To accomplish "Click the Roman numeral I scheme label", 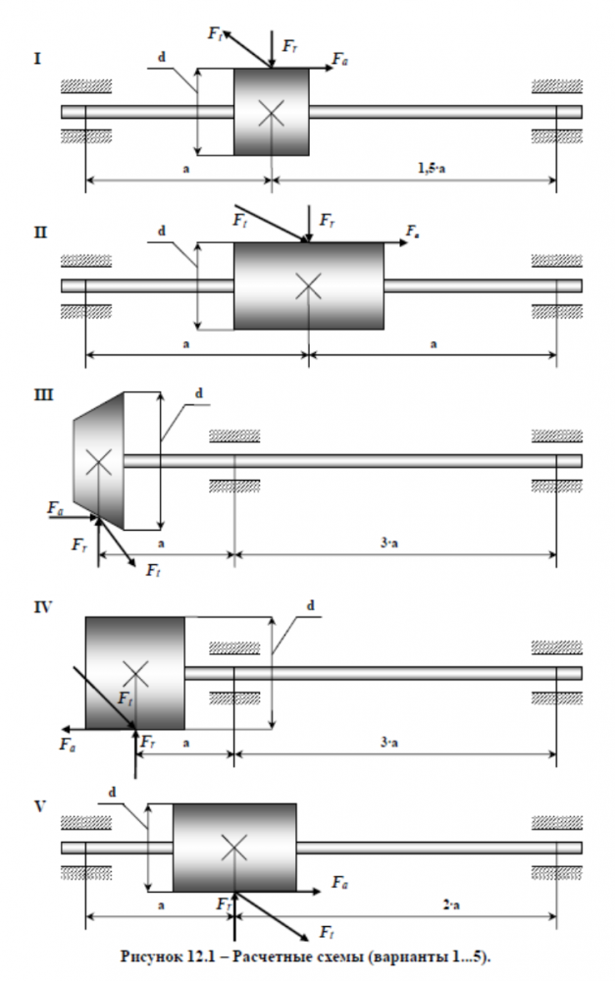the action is tap(37, 59).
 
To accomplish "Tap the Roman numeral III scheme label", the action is tap(43, 394).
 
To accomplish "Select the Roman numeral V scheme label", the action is tap(40, 806).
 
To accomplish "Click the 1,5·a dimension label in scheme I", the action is tap(431, 168).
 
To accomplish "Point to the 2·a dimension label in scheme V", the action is tap(451, 904).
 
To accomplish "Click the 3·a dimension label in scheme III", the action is tap(389, 543).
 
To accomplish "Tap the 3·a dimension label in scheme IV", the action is tap(389, 743).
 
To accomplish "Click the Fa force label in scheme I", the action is tap(339, 60).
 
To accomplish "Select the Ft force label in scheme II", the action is tap(240, 220).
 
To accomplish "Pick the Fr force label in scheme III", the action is tap(79, 544).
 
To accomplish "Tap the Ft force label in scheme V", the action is tap(327, 933).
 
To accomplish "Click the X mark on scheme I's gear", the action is tap(272, 113).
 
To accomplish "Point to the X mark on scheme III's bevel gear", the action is tap(98, 462).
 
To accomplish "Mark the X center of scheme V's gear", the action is tap(234, 849).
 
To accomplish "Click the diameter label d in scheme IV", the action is tap(310, 605).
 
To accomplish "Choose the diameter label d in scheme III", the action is tap(199, 393).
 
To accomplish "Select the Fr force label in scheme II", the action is tap(328, 220).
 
